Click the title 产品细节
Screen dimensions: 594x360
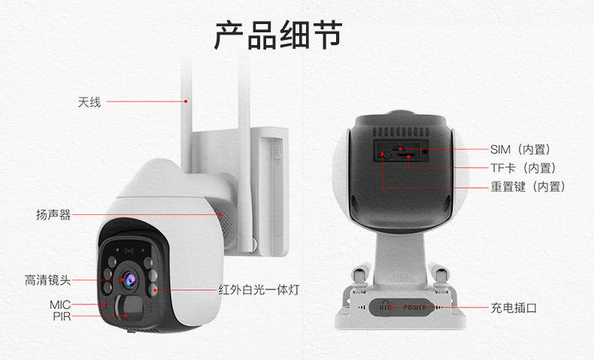(277, 35)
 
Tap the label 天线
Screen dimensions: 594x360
(89, 101)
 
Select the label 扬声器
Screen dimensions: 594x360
(53, 215)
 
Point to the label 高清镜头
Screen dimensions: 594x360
(47, 280)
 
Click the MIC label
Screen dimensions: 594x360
(60, 304)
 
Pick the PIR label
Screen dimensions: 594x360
(62, 317)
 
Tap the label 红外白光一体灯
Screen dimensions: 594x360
(259, 289)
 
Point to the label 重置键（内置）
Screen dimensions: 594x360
(528, 186)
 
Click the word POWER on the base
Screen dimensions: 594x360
(414, 307)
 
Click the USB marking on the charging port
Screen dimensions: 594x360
(384, 307)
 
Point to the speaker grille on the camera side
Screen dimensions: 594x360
(222, 214)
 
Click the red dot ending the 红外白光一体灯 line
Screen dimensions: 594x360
(154, 289)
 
